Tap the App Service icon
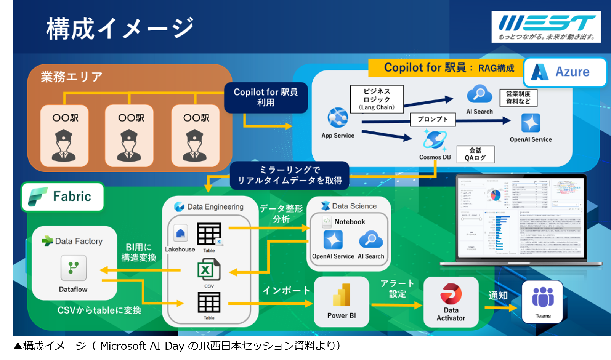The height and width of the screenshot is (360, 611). point(338,118)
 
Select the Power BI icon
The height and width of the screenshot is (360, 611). point(342,295)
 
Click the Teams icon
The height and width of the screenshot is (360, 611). point(543,297)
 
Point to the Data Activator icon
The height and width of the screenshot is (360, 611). point(451,294)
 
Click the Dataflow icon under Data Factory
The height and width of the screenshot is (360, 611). point(74,268)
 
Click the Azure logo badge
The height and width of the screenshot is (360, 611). point(565,72)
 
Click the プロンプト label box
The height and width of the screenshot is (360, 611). point(433,119)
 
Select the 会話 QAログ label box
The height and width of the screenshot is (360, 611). point(475,154)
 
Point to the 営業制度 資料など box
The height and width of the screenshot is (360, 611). point(518,98)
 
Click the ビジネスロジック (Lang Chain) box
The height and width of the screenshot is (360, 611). point(377,99)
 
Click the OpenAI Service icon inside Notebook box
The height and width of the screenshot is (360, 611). point(333,240)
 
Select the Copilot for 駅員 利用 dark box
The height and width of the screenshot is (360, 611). point(266,98)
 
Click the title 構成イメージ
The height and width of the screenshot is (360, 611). point(120,28)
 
